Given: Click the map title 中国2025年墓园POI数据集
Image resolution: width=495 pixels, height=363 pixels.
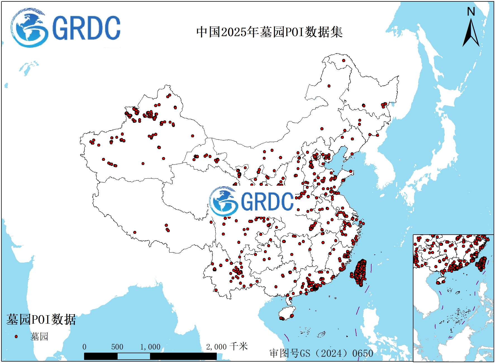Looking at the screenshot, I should pyautogui.click(x=269, y=32).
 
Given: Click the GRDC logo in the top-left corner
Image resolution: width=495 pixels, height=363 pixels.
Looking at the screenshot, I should pyautogui.click(x=66, y=28).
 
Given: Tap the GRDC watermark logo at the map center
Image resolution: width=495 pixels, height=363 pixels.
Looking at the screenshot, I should pyautogui.click(x=251, y=201).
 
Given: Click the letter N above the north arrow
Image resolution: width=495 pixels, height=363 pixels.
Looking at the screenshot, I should pyautogui.click(x=471, y=12).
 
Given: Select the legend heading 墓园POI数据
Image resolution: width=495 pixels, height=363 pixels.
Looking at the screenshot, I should pyautogui.click(x=41, y=319).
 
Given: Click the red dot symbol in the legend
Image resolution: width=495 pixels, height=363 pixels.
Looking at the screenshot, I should pyautogui.click(x=16, y=336).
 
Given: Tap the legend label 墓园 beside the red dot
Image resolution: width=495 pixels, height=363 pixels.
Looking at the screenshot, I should pyautogui.click(x=39, y=336).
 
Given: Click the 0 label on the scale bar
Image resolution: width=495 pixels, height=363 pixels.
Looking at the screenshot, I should pyautogui.click(x=84, y=347).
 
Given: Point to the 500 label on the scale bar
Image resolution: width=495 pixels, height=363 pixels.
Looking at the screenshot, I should pyautogui.click(x=117, y=347).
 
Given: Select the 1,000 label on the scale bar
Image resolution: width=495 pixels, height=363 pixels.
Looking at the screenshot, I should pyautogui.click(x=150, y=347).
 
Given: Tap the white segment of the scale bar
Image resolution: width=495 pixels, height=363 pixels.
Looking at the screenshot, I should pyautogui.click(x=134, y=356).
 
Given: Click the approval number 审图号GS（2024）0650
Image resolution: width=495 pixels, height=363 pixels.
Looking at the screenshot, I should pyautogui.click(x=321, y=353).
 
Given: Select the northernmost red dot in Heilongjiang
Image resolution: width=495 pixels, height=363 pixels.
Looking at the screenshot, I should pyautogui.click(x=344, y=60).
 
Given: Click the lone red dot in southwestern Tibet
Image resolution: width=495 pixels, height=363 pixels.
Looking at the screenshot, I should pyautogui.click(x=135, y=232).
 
